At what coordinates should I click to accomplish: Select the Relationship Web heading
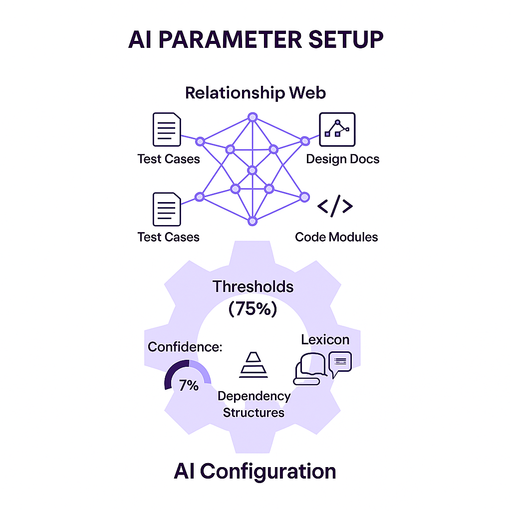click(255, 93)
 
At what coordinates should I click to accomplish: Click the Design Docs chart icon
click(337, 129)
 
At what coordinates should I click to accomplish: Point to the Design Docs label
click(342, 159)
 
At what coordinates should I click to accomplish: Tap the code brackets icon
click(335, 206)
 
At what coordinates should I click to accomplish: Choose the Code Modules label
click(336, 237)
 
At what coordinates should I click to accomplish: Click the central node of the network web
click(252, 171)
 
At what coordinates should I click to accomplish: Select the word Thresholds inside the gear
click(253, 286)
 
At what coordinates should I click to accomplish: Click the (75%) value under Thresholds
click(253, 309)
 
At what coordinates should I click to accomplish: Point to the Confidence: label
click(185, 347)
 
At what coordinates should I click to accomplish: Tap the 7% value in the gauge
click(189, 385)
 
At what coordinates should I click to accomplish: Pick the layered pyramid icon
click(254, 365)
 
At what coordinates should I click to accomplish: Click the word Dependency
click(254, 396)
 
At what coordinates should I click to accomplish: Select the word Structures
click(254, 413)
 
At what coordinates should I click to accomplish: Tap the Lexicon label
click(325, 340)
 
